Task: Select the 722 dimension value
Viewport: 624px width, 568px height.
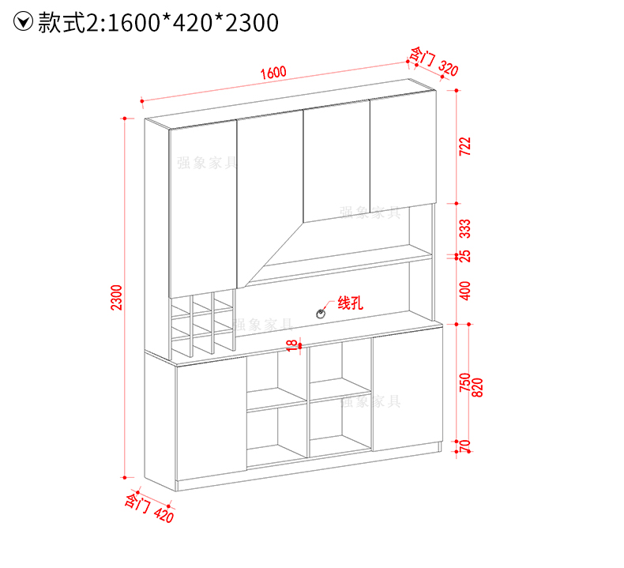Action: click(x=464, y=146)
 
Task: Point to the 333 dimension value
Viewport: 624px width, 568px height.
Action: click(x=464, y=230)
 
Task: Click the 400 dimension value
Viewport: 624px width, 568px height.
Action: click(x=464, y=290)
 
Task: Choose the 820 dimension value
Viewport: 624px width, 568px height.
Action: click(x=477, y=388)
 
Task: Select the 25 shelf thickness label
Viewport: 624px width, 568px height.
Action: click(x=464, y=256)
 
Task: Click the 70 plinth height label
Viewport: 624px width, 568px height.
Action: click(x=464, y=447)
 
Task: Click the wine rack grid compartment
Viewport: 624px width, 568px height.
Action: click(x=203, y=324)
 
